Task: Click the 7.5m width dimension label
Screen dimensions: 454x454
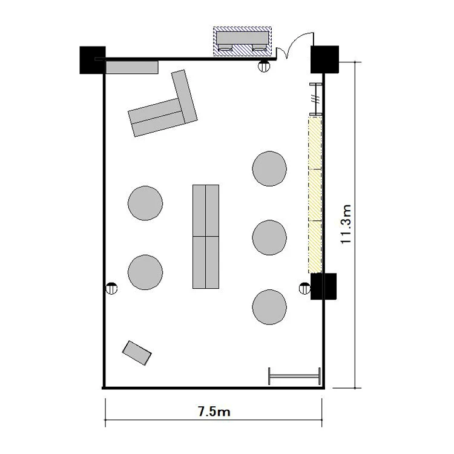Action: pyautogui.click(x=214, y=411)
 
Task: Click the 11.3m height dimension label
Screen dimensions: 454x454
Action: pyautogui.click(x=346, y=224)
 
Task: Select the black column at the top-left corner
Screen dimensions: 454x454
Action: pyautogui.click(x=93, y=60)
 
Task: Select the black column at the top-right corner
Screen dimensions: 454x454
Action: pyautogui.click(x=324, y=59)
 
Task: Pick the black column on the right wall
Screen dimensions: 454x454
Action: pyautogui.click(x=323, y=286)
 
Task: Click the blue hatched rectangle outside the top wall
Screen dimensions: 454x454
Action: pyautogui.click(x=242, y=41)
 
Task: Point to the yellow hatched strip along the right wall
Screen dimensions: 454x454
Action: pyautogui.click(x=315, y=194)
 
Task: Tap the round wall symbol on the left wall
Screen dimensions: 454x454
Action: pyautogui.click(x=111, y=288)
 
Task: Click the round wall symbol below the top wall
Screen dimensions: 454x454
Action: pyautogui.click(x=264, y=66)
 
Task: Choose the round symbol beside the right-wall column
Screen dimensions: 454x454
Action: pyautogui.click(x=304, y=288)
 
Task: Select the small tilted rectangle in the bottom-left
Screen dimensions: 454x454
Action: pyautogui.click(x=137, y=353)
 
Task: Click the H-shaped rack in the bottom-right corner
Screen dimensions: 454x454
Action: pyautogui.click(x=294, y=376)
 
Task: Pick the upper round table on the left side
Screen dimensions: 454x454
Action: pyautogui.click(x=145, y=203)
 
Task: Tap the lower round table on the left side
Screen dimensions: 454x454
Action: pyautogui.click(x=145, y=272)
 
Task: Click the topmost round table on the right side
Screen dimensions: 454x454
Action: pyautogui.click(x=269, y=168)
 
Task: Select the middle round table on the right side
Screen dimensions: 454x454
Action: pyautogui.click(x=269, y=238)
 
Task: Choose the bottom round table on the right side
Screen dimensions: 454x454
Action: pyautogui.click(x=269, y=307)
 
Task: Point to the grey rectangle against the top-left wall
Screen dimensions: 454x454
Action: pyautogui.click(x=132, y=67)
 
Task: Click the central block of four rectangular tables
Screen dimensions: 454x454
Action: pyautogui.click(x=206, y=237)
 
